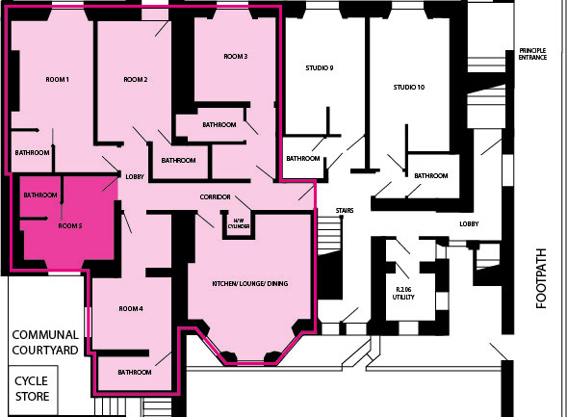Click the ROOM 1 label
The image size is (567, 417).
coord(57,80)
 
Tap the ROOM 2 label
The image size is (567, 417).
coord(136,80)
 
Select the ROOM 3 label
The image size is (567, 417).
coord(236,57)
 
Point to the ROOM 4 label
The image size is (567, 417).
coord(131,309)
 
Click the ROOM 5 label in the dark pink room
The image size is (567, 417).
coord(70,226)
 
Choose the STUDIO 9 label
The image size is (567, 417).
coord(320,68)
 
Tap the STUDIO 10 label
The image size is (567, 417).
coord(409,88)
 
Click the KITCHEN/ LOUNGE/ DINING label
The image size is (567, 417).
coord(250,283)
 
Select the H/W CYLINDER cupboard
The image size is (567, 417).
coord(239,225)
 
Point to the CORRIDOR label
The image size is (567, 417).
coord(216,197)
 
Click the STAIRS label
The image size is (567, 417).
coord(345,211)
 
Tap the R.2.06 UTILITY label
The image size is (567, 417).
coord(403,294)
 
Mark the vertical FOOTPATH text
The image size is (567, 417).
coord(541,278)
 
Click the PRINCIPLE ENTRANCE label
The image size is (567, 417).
coord(532,54)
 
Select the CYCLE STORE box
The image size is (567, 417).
coord(34,390)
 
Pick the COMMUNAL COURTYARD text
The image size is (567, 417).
coord(45,343)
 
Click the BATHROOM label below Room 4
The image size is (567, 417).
coord(135,372)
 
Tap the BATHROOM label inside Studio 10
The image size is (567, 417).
coord(431,176)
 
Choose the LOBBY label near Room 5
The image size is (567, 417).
coord(135,177)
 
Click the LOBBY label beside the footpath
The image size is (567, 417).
coord(469,224)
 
